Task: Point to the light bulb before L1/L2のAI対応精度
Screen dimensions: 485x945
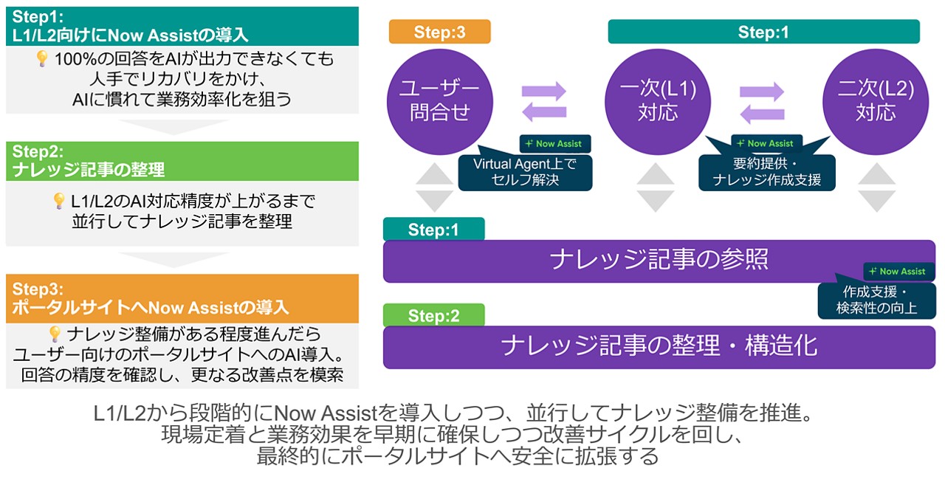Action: click(59, 201)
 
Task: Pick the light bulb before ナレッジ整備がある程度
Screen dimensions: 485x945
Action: click(54, 334)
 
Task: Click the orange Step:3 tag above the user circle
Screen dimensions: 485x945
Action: click(439, 32)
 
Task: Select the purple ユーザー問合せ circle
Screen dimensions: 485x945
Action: click(434, 101)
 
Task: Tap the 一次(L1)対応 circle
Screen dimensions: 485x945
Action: click(650, 101)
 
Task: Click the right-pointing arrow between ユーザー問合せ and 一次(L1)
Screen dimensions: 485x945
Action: click(544, 92)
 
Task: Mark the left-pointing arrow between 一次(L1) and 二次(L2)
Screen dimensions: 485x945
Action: click(762, 114)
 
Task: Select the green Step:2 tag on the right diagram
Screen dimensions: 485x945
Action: click(434, 316)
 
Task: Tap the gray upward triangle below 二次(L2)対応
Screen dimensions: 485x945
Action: click(877, 175)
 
